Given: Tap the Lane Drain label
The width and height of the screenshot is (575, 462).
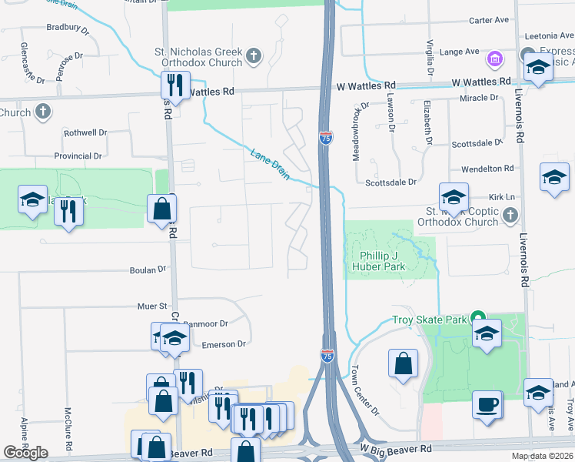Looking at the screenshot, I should [270, 164].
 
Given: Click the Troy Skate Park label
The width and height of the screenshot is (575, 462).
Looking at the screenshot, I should [429, 320].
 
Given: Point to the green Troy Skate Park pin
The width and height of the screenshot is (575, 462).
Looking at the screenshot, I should [477, 318].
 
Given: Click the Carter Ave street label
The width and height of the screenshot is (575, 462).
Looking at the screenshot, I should [490, 20].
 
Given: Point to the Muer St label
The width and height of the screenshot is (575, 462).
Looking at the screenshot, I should [152, 306].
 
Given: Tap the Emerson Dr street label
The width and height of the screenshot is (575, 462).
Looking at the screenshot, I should [224, 344].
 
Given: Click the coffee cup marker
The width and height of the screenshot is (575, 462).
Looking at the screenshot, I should [487, 404].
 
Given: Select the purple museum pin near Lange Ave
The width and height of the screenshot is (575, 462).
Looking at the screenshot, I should [494, 59].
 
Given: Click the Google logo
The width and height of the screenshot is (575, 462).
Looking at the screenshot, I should [25, 453].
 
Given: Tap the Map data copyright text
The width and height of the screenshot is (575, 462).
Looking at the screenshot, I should [542, 456].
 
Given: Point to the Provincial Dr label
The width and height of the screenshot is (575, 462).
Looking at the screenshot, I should [78, 156].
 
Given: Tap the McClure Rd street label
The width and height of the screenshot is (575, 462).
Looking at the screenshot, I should [68, 424].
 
